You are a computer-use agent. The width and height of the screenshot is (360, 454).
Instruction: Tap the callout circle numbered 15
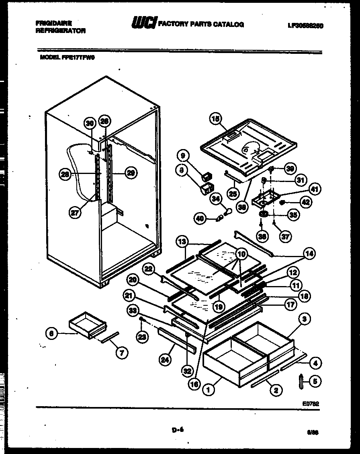(216, 119)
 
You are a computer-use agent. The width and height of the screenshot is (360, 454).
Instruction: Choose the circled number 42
(306, 202)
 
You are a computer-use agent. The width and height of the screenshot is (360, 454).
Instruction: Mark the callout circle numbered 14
(309, 254)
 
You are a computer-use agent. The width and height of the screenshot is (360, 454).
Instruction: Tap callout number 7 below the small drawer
(122, 352)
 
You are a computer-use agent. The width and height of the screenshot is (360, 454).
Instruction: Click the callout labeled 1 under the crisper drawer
(208, 389)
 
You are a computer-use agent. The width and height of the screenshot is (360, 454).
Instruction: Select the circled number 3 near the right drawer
(305, 319)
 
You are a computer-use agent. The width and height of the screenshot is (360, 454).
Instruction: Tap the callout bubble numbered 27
(75, 213)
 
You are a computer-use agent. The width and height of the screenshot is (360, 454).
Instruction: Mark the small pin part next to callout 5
(301, 382)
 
